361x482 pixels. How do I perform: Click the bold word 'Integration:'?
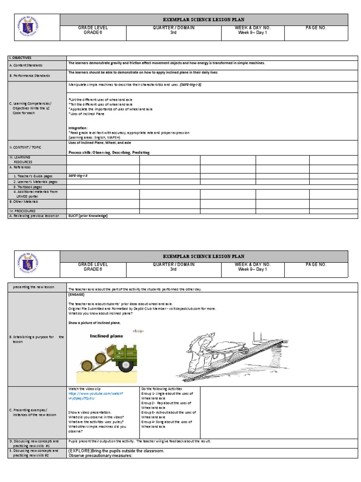tap(78, 128)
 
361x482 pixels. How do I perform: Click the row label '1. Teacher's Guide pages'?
tap(33, 176)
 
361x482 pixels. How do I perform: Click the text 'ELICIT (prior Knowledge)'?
tap(88, 216)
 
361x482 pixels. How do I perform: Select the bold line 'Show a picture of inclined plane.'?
tap(94, 323)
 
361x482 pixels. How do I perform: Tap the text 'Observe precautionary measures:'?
tap(100, 456)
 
